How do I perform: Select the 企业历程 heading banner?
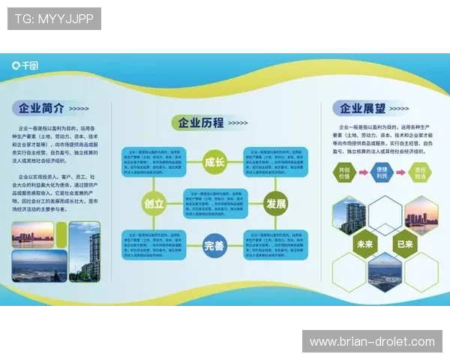(x=198, y=123)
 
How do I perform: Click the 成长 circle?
(x=214, y=160)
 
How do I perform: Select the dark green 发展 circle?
(x=274, y=203)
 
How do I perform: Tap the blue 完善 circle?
(x=214, y=245)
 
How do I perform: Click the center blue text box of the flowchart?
(x=214, y=203)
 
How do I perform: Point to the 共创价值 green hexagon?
(x=345, y=172)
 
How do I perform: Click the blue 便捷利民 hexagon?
(x=382, y=172)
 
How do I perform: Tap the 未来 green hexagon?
(x=366, y=243)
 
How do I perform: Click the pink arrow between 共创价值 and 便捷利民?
(x=363, y=173)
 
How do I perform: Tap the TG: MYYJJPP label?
(x=54, y=18)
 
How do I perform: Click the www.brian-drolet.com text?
(x=372, y=341)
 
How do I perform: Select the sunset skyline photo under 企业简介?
(x=32, y=235)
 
